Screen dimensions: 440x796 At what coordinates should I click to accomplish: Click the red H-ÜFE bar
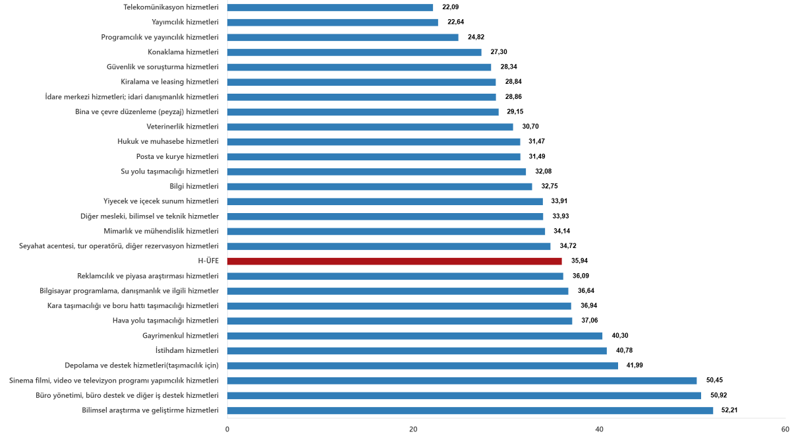(x=394, y=261)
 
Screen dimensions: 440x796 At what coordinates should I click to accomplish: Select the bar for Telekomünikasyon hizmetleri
(x=330, y=7)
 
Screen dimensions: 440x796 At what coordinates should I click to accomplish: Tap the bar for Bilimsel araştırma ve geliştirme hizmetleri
(x=470, y=410)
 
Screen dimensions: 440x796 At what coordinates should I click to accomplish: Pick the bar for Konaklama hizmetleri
(x=354, y=52)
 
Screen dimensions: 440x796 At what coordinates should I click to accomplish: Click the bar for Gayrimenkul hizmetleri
(x=414, y=336)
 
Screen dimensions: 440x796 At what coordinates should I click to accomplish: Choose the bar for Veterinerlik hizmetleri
(x=370, y=127)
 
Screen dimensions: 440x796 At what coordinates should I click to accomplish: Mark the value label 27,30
(x=499, y=52)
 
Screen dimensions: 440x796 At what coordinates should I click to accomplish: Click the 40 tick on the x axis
(x=600, y=429)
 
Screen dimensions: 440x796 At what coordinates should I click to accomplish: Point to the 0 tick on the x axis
(x=227, y=429)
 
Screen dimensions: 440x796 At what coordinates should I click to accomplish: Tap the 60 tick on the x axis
(x=785, y=429)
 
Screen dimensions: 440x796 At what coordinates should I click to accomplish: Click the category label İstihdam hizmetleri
(x=186, y=350)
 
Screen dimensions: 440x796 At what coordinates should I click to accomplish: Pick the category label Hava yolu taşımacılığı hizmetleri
(x=165, y=321)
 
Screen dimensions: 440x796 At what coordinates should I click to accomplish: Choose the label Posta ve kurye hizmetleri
(x=177, y=156)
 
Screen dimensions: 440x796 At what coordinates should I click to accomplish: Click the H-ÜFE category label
(x=208, y=261)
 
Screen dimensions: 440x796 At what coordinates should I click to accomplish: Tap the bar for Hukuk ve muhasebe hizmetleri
(x=374, y=141)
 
